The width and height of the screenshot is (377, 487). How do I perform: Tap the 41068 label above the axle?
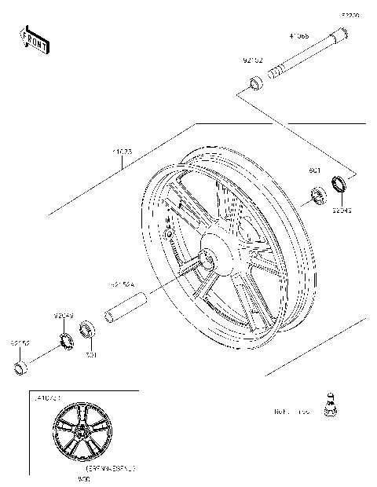point(298,36)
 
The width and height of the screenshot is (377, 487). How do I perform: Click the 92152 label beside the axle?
point(252,59)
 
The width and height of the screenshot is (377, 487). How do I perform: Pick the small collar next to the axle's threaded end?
point(257,82)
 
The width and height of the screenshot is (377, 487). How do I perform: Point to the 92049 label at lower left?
point(64,317)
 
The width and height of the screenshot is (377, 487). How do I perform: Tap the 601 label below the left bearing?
point(90,355)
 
